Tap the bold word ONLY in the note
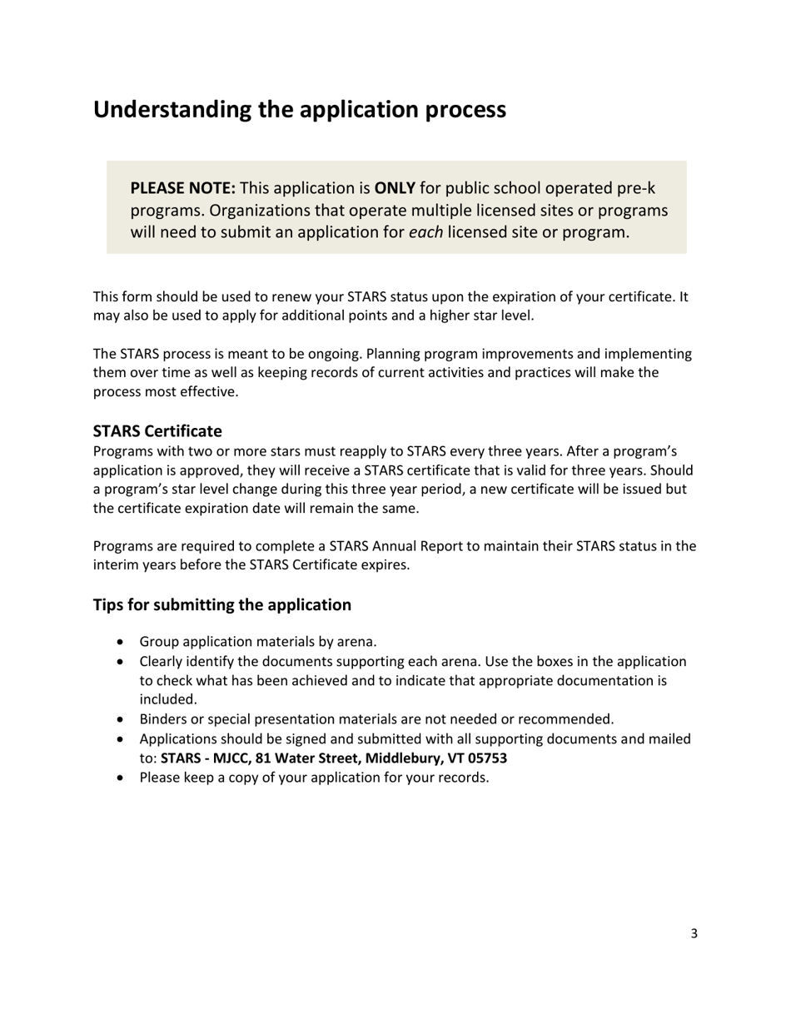(x=395, y=188)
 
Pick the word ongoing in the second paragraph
(x=333, y=354)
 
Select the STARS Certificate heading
(x=157, y=431)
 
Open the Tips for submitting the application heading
(x=221, y=604)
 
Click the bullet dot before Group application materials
(x=123, y=642)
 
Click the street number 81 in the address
(x=263, y=758)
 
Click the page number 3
(x=694, y=933)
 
